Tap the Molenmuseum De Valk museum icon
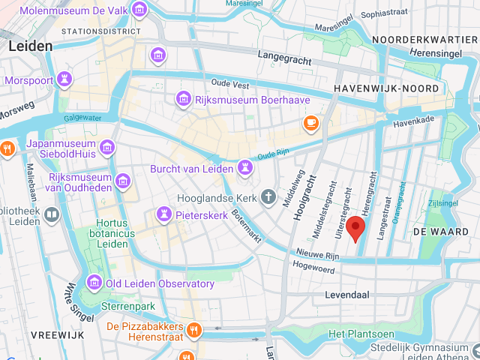click(139, 10)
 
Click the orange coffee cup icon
click(310, 122)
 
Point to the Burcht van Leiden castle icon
click(244, 166)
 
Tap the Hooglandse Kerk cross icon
click(268, 198)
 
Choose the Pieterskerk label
click(202, 214)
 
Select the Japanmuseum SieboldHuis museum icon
click(106, 147)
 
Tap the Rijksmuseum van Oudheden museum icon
click(123, 181)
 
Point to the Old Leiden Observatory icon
click(94, 283)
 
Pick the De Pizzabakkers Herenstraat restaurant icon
click(194, 329)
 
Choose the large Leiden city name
click(31, 46)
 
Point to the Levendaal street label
click(349, 295)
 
